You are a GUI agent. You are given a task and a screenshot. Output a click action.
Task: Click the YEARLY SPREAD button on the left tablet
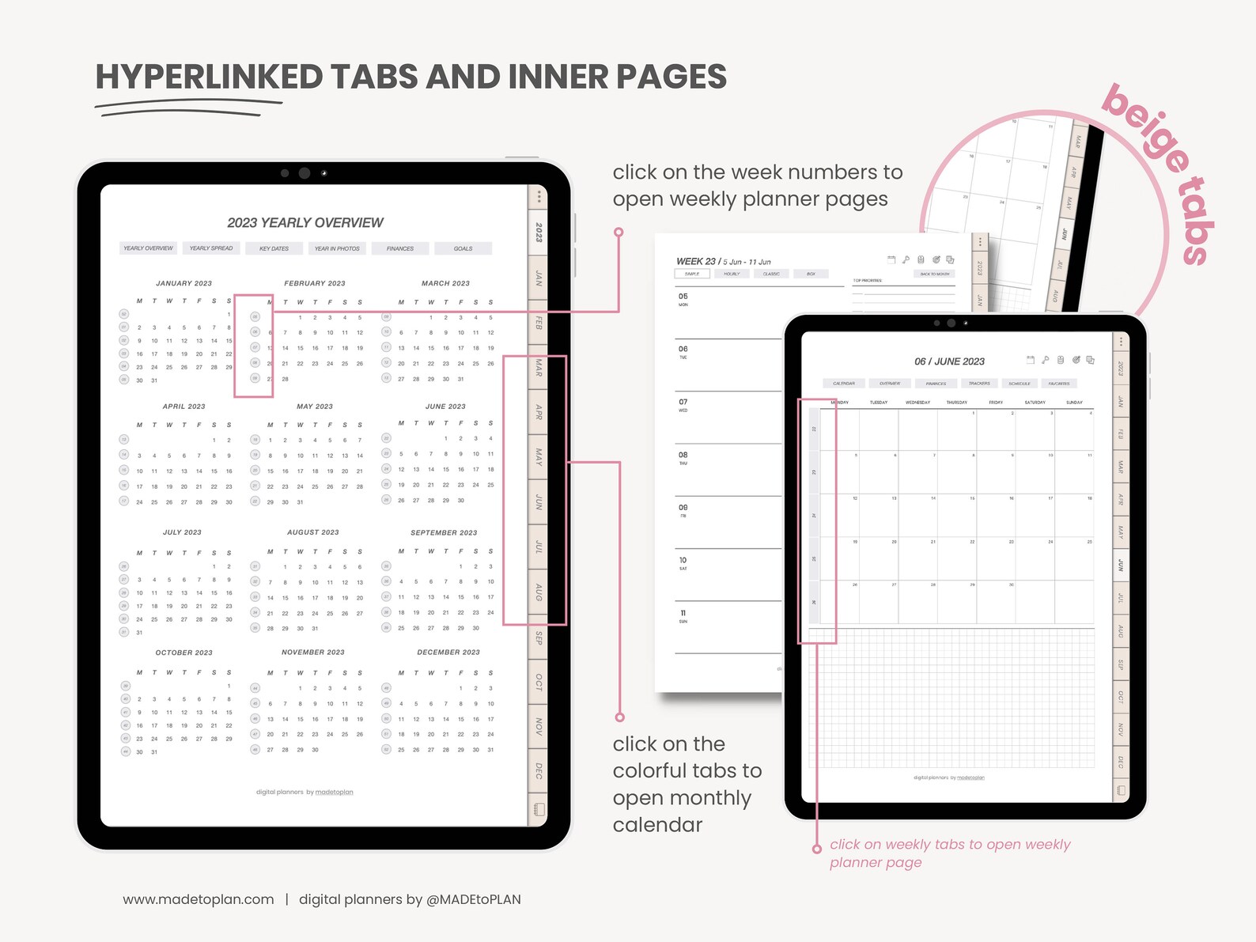(211, 248)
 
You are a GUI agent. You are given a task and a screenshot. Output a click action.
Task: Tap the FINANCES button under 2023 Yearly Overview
(400, 248)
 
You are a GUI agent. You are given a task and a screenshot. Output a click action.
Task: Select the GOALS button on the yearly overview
(463, 248)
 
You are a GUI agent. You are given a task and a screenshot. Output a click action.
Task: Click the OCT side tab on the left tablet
(539, 682)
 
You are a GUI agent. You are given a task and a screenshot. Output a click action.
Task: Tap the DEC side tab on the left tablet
(539, 770)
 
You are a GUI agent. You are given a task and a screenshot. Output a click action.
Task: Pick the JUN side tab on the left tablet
(539, 501)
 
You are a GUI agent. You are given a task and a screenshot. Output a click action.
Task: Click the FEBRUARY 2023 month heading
(315, 283)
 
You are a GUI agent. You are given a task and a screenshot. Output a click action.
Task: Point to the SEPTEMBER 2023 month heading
(444, 532)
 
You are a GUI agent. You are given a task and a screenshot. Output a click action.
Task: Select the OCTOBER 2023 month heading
(183, 653)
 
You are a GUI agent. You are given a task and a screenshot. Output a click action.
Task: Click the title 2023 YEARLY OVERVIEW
(305, 223)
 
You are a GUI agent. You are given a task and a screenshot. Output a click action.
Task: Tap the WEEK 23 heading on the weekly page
(696, 261)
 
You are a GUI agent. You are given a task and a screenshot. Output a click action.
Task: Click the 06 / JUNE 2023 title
(949, 361)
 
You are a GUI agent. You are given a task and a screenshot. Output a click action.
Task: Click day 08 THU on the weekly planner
(683, 457)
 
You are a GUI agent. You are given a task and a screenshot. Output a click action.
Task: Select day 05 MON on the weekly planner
(683, 299)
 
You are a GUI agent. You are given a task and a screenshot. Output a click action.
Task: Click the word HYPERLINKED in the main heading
(209, 77)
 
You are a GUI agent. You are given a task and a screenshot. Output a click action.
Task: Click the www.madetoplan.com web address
(199, 899)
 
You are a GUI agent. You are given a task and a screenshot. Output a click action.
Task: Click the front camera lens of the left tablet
(305, 173)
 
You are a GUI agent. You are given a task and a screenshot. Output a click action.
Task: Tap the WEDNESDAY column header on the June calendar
(917, 403)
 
